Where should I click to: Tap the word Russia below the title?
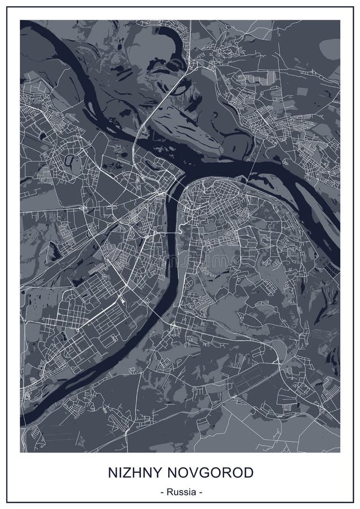180,492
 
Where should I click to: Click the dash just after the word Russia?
199,492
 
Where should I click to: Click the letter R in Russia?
169,492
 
